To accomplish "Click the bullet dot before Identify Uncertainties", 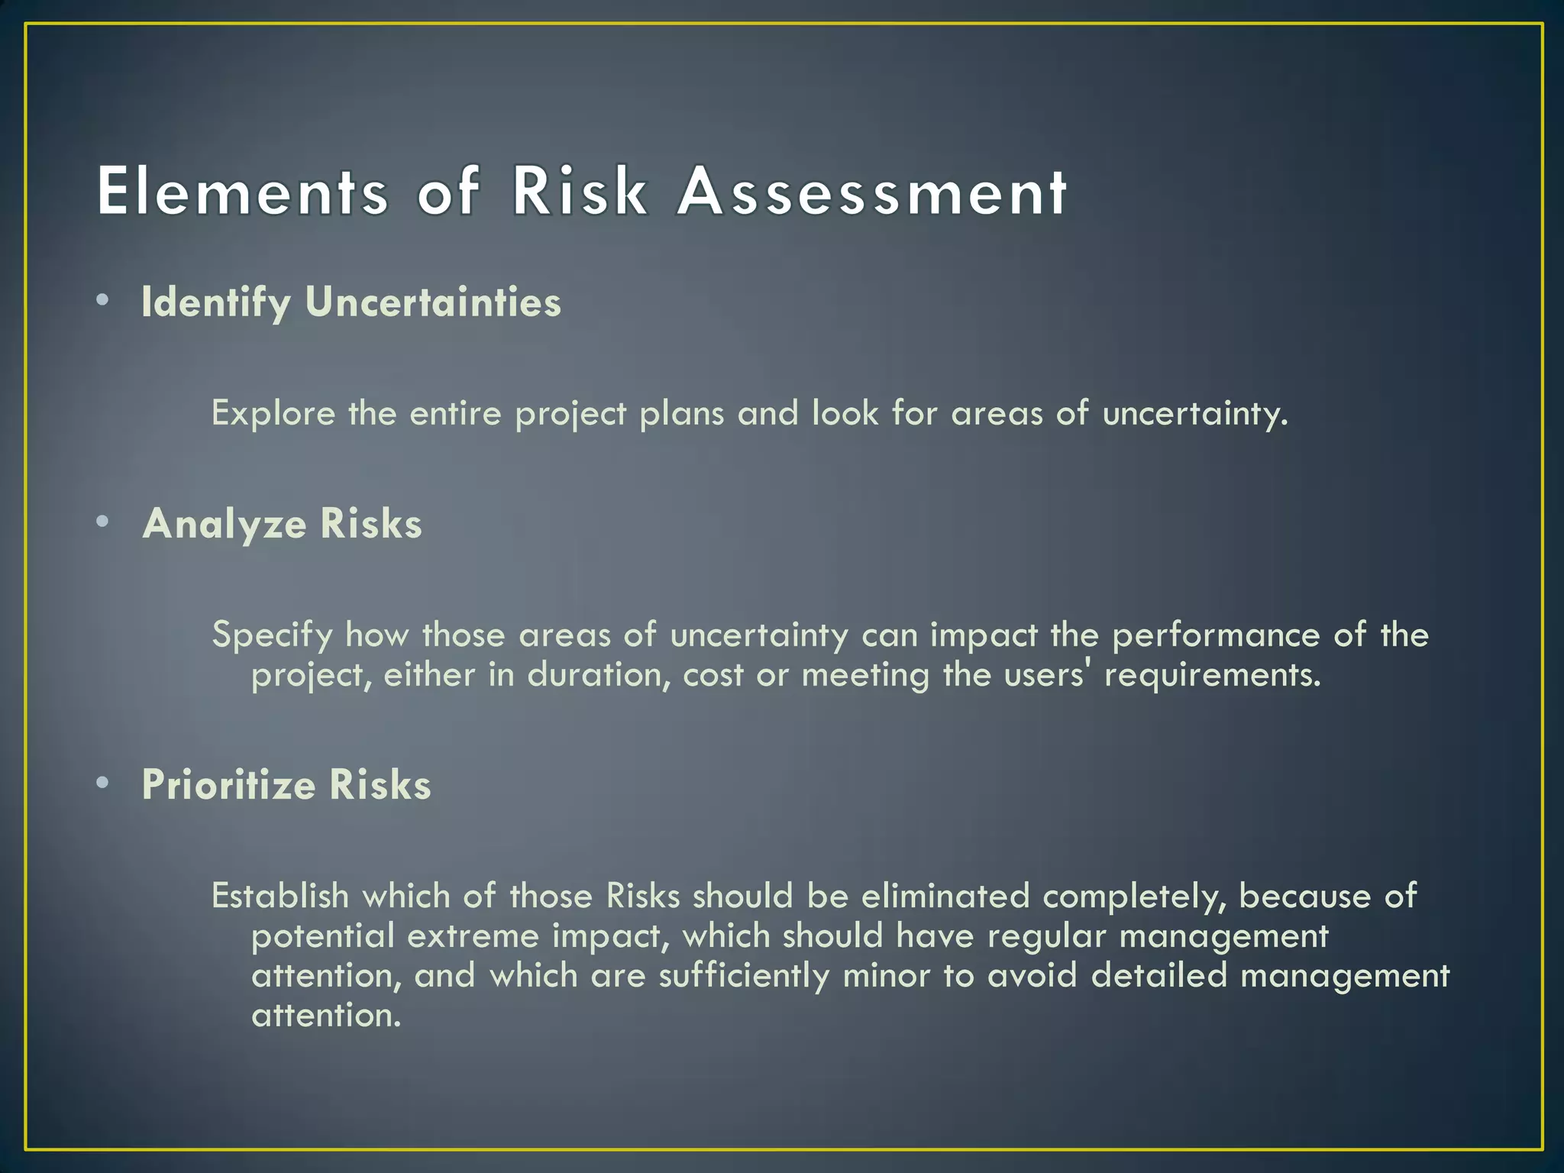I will point(103,300).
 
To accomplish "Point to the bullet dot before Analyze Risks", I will point(103,522).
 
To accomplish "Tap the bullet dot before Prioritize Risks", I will point(103,783).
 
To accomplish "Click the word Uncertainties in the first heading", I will point(433,302).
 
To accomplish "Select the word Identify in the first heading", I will point(216,303).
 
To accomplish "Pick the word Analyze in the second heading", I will point(225,525).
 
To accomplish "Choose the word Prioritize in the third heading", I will point(228,785).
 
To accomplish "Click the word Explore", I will point(273,414).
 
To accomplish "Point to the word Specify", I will point(272,635).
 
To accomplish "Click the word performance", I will point(1216,635).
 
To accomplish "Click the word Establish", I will point(280,896).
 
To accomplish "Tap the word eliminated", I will point(945,896).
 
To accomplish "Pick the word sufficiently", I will point(744,976).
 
